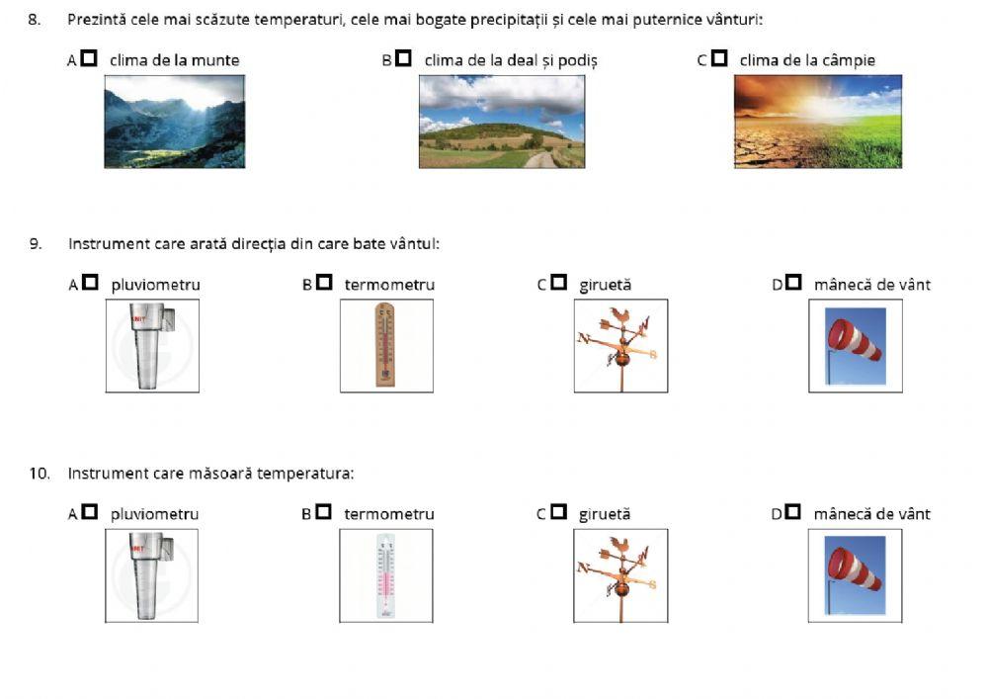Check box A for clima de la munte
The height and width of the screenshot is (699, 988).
[90, 58]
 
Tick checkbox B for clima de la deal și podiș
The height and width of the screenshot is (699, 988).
[404, 58]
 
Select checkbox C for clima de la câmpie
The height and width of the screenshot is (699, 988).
[719, 58]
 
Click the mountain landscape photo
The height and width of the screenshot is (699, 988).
[175, 122]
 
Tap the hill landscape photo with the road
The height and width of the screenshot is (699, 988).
[502, 122]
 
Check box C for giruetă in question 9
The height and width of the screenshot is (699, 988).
[559, 283]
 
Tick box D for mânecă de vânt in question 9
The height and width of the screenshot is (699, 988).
[794, 283]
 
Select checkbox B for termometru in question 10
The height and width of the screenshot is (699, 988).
[324, 512]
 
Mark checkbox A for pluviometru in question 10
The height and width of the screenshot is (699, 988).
[90, 512]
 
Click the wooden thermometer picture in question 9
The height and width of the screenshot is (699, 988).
[387, 345]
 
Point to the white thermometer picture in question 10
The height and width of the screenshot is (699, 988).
[386, 575]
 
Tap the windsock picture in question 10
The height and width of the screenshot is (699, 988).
[855, 575]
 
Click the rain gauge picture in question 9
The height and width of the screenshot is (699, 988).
[152, 345]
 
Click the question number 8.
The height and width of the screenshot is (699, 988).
[34, 20]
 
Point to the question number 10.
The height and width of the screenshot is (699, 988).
[40, 473]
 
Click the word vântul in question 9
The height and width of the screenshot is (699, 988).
[415, 243]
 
